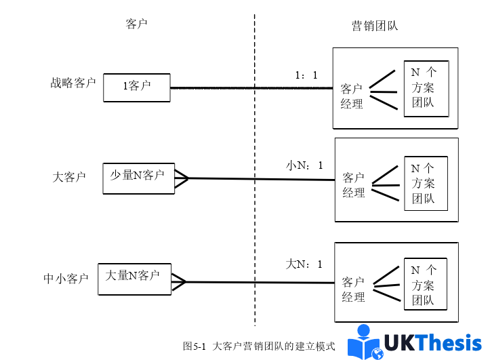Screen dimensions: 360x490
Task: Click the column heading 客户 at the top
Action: (x=136, y=24)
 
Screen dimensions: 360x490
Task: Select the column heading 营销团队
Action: (x=375, y=26)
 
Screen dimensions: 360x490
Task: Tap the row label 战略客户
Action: (x=73, y=83)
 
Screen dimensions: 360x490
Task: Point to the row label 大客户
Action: (x=69, y=178)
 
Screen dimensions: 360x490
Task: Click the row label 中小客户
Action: (x=66, y=278)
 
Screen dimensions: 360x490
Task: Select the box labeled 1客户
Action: (x=136, y=87)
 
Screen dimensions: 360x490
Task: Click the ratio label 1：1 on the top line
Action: (x=306, y=75)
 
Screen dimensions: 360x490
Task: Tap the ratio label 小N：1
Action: (x=304, y=165)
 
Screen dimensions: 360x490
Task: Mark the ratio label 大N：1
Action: (x=304, y=264)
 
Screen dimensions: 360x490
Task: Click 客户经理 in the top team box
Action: (x=352, y=96)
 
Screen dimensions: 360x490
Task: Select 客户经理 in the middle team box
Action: (x=354, y=185)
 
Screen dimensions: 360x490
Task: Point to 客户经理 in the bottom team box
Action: (x=354, y=289)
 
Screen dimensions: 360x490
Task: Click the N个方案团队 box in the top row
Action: (x=426, y=88)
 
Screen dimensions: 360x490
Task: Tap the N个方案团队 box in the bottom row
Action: (x=425, y=285)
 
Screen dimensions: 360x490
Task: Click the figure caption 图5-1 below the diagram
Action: (x=259, y=346)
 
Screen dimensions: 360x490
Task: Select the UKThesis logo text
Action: (x=433, y=343)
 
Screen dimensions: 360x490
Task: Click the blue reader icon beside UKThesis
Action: (x=365, y=342)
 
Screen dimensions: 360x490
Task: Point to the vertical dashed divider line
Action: (x=255, y=169)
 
